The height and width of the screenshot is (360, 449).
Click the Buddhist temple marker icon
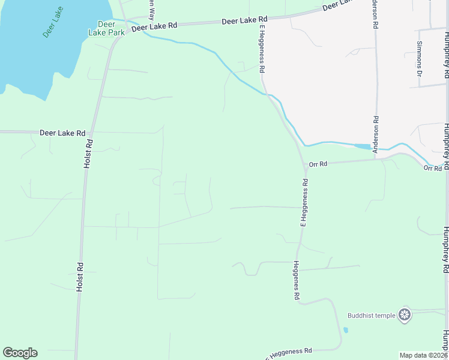(x=405, y=314)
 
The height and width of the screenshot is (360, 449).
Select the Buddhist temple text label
(x=371, y=315)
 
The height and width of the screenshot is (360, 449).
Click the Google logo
(x=20, y=353)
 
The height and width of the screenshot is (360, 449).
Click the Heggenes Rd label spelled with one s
(x=297, y=280)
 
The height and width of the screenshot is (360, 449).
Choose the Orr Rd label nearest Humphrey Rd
(x=432, y=168)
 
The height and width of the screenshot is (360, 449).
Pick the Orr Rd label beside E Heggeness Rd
(x=318, y=164)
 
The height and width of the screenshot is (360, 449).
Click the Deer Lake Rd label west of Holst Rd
(x=62, y=133)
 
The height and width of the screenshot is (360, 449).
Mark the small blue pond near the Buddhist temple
(x=345, y=329)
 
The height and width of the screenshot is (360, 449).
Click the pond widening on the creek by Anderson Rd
(x=363, y=146)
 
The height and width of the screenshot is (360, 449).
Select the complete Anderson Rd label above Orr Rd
(x=376, y=134)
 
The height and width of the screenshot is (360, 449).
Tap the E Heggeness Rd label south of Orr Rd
(x=304, y=202)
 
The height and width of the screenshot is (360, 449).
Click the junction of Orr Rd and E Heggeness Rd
(x=304, y=163)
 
